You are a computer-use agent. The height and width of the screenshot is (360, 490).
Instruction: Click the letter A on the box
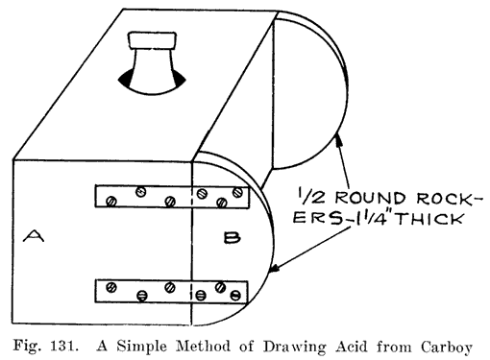[35, 234]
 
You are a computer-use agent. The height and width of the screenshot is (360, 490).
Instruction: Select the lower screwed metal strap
[173, 289]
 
